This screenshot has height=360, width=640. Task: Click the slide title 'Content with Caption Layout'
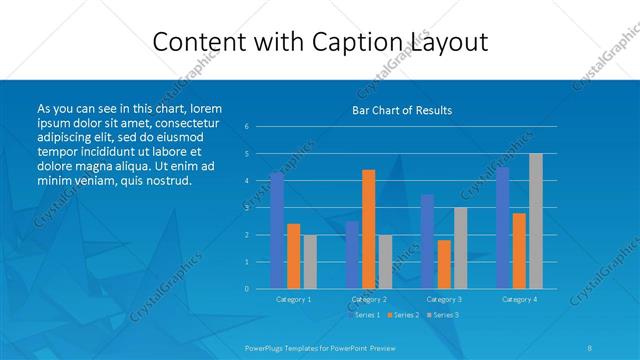(x=320, y=42)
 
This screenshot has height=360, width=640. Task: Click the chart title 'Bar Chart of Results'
(x=402, y=110)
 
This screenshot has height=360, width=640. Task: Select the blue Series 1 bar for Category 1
(x=277, y=230)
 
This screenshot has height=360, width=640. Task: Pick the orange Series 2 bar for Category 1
(x=293, y=256)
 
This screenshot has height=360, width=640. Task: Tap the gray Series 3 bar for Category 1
(x=309, y=261)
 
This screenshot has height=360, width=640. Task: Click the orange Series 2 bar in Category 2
(x=368, y=229)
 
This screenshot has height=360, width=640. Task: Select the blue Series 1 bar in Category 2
(x=352, y=254)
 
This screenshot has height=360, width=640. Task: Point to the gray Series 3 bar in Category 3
(x=460, y=248)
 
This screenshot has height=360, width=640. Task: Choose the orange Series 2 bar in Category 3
(x=444, y=264)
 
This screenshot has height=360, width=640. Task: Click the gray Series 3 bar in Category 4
(x=536, y=220)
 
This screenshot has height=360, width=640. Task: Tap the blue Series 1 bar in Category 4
(x=503, y=227)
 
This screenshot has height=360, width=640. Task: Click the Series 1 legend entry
(x=364, y=315)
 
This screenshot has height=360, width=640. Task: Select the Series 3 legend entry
(x=443, y=315)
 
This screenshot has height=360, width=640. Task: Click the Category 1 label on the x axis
(x=293, y=299)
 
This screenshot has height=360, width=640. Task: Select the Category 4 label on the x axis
(x=519, y=299)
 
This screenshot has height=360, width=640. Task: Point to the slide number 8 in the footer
(x=590, y=348)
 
